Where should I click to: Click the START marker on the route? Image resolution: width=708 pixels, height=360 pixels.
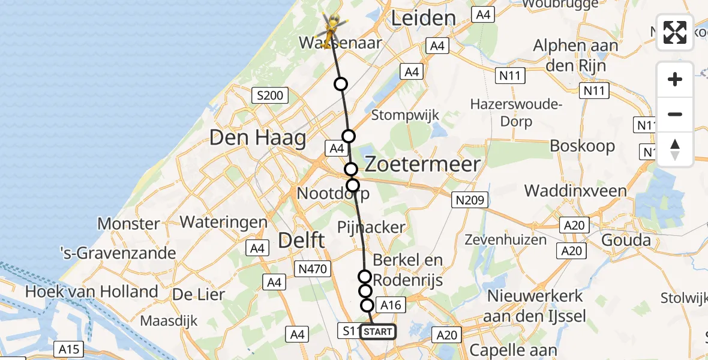[x=378, y=332]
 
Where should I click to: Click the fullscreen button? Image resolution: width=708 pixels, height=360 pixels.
[x=675, y=32]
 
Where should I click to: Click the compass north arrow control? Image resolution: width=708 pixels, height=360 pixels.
[x=675, y=149]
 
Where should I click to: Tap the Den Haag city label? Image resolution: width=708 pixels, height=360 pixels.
[x=257, y=139]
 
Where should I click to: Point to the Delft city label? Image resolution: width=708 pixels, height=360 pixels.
[x=302, y=241]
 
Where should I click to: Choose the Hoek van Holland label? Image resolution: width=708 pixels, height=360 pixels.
[x=91, y=292]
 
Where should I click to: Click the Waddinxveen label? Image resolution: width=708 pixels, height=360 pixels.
[x=575, y=191]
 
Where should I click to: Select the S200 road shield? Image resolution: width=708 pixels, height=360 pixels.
[x=271, y=95]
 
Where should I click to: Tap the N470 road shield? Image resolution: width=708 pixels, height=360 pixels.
[x=313, y=269]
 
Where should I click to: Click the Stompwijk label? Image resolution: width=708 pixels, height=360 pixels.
[x=405, y=115]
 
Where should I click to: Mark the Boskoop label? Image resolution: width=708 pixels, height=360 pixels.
[x=582, y=146]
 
